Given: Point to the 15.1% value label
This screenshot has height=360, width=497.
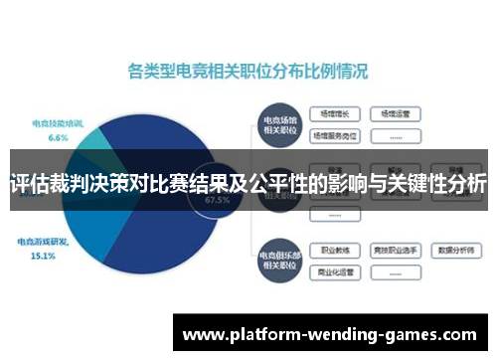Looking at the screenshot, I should (43, 255).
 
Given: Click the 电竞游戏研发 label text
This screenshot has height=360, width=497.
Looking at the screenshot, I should (43, 242).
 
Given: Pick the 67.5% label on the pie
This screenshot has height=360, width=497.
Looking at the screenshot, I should (216, 199).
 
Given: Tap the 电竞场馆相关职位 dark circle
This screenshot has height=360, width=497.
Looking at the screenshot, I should (280, 121).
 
